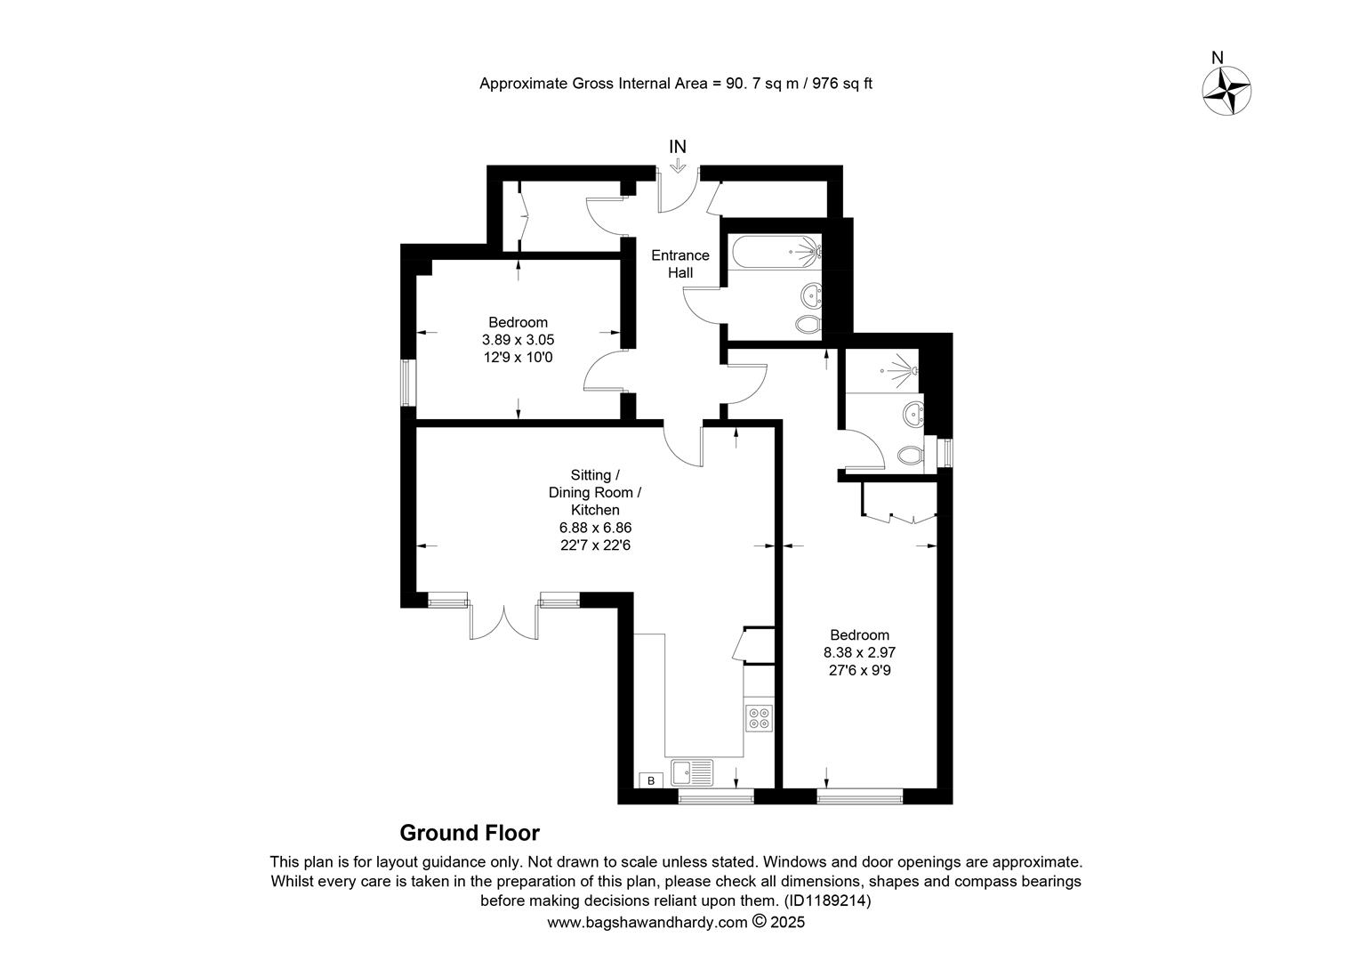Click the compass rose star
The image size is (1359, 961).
(1226, 91)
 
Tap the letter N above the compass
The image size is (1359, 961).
(1217, 58)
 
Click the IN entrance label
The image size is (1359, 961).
(677, 147)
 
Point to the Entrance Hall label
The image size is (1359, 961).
(680, 264)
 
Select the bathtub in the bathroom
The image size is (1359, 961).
(776, 252)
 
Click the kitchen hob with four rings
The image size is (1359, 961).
(759, 718)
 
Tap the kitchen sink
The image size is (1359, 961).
(692, 773)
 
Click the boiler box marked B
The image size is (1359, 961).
(651, 780)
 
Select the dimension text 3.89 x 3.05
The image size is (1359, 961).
(518, 340)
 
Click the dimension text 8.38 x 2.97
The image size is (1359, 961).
(859, 652)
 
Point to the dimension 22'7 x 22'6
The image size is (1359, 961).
(595, 545)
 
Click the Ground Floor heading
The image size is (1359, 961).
(470, 833)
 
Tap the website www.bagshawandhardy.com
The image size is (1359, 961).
(647, 923)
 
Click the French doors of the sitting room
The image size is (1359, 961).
(503, 620)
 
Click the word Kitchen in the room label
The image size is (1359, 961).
(595, 510)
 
